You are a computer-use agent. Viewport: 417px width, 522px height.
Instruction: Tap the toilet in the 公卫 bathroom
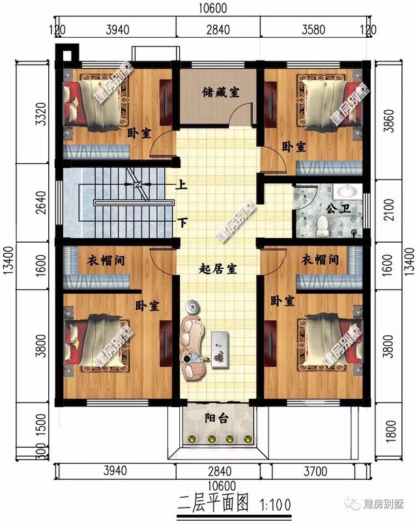click(323, 226)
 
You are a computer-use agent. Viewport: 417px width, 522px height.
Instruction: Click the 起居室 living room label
click(218, 268)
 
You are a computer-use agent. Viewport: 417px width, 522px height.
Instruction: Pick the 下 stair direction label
click(183, 223)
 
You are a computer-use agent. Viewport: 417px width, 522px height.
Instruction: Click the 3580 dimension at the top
click(310, 29)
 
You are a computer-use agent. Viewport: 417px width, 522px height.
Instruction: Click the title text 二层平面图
click(213, 502)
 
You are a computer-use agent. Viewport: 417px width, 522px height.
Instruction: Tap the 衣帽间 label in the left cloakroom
click(106, 260)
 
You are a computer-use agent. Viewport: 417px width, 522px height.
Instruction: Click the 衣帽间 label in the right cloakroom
click(320, 260)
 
